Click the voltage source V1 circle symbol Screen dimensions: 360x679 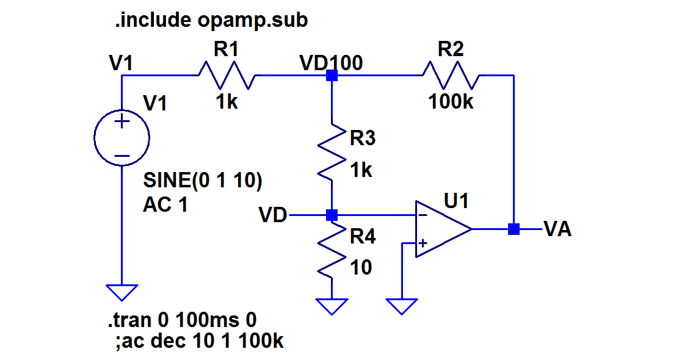click(122, 138)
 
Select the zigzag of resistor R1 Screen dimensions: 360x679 click(226, 76)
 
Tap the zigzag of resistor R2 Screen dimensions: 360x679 click(451, 76)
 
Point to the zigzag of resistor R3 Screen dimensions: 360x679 click(331, 153)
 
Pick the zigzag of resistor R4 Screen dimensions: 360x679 click(331, 251)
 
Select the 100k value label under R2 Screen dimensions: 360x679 click(451, 102)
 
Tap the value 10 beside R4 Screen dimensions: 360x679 click(361, 267)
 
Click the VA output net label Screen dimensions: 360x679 click(557, 230)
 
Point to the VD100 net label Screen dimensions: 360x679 click(331, 63)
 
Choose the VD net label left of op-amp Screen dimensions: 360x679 click(273, 215)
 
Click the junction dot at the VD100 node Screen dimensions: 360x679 click(332, 76)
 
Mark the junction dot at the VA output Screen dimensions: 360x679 click(514, 229)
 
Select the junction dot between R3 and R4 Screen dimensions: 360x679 click(332, 215)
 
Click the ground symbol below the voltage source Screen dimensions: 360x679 click(122, 292)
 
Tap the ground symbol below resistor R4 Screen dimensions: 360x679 click(332, 306)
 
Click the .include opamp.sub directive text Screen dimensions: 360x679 click(211, 21)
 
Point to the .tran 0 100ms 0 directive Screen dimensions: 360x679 click(181, 319)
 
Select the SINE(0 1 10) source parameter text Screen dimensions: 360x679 click(203, 181)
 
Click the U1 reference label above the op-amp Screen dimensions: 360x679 click(457, 201)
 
